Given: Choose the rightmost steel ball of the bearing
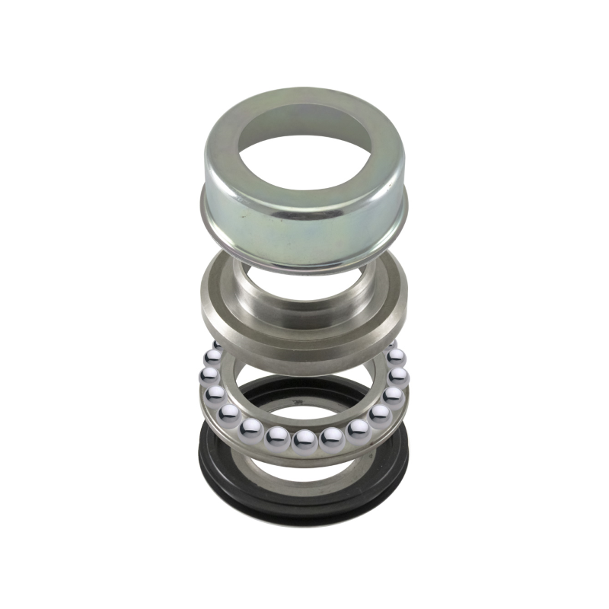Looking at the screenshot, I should (399, 375).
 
